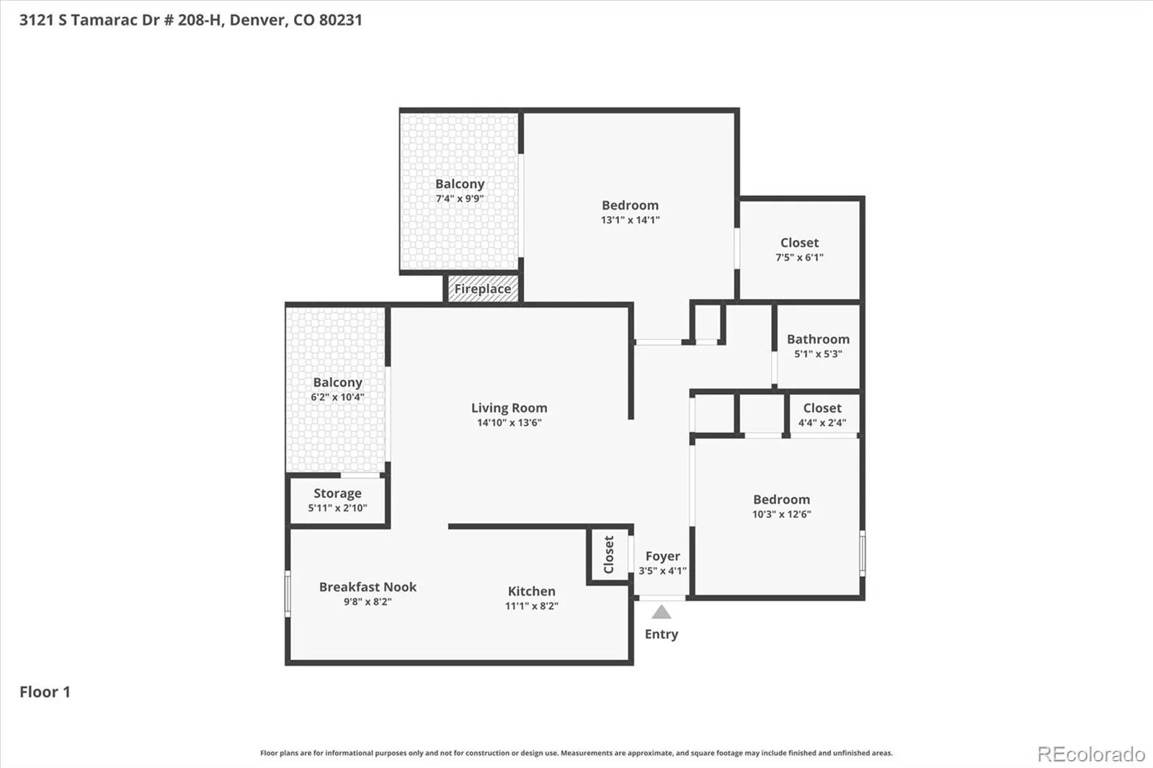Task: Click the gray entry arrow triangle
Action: point(662,612)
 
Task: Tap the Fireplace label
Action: point(482,289)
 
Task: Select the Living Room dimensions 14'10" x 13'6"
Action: point(509,423)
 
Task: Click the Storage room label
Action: point(337,493)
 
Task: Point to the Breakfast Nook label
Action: point(368,587)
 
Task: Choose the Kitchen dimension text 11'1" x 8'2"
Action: point(532,606)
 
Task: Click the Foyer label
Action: point(662,556)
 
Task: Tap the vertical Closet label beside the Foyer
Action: point(608,554)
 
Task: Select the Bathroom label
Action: point(818,339)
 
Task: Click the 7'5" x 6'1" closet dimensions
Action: point(799,257)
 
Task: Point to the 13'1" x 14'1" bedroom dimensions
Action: point(630,220)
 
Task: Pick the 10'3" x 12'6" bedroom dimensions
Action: point(781,514)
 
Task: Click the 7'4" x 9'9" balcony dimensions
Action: point(460,199)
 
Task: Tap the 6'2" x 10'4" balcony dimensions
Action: point(337,398)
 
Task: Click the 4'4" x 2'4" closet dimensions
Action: point(822,423)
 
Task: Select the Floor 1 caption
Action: point(45,692)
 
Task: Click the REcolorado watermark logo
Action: point(1091,754)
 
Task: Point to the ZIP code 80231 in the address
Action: point(340,20)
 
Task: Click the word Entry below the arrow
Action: point(662,634)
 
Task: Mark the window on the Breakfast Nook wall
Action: point(288,594)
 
